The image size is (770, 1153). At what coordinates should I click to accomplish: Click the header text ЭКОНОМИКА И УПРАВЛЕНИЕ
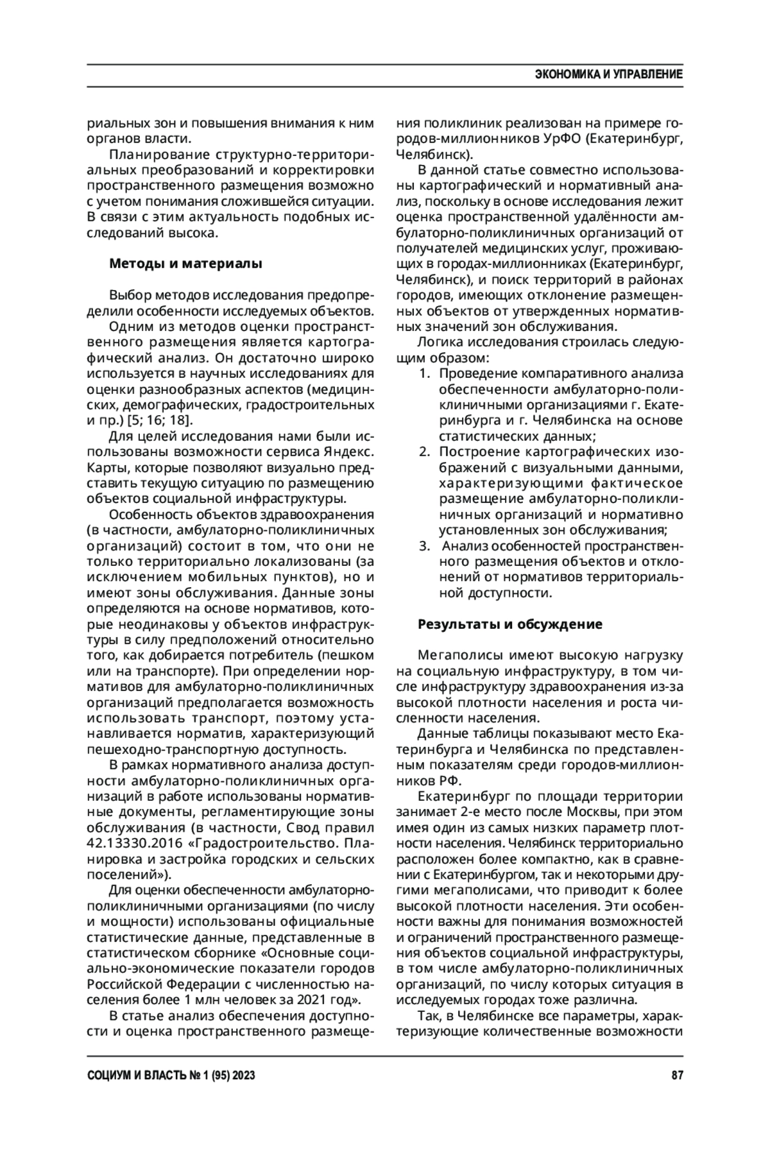coord(608,74)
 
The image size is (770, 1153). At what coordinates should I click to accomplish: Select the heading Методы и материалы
coord(186,263)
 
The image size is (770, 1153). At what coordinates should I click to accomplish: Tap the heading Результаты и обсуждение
coord(510,624)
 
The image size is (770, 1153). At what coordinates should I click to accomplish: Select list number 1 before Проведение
coord(425,373)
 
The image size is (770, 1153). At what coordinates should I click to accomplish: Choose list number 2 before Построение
coord(425,452)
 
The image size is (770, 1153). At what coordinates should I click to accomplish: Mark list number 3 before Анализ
coord(425,546)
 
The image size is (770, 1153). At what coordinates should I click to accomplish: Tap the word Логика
coord(436,342)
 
